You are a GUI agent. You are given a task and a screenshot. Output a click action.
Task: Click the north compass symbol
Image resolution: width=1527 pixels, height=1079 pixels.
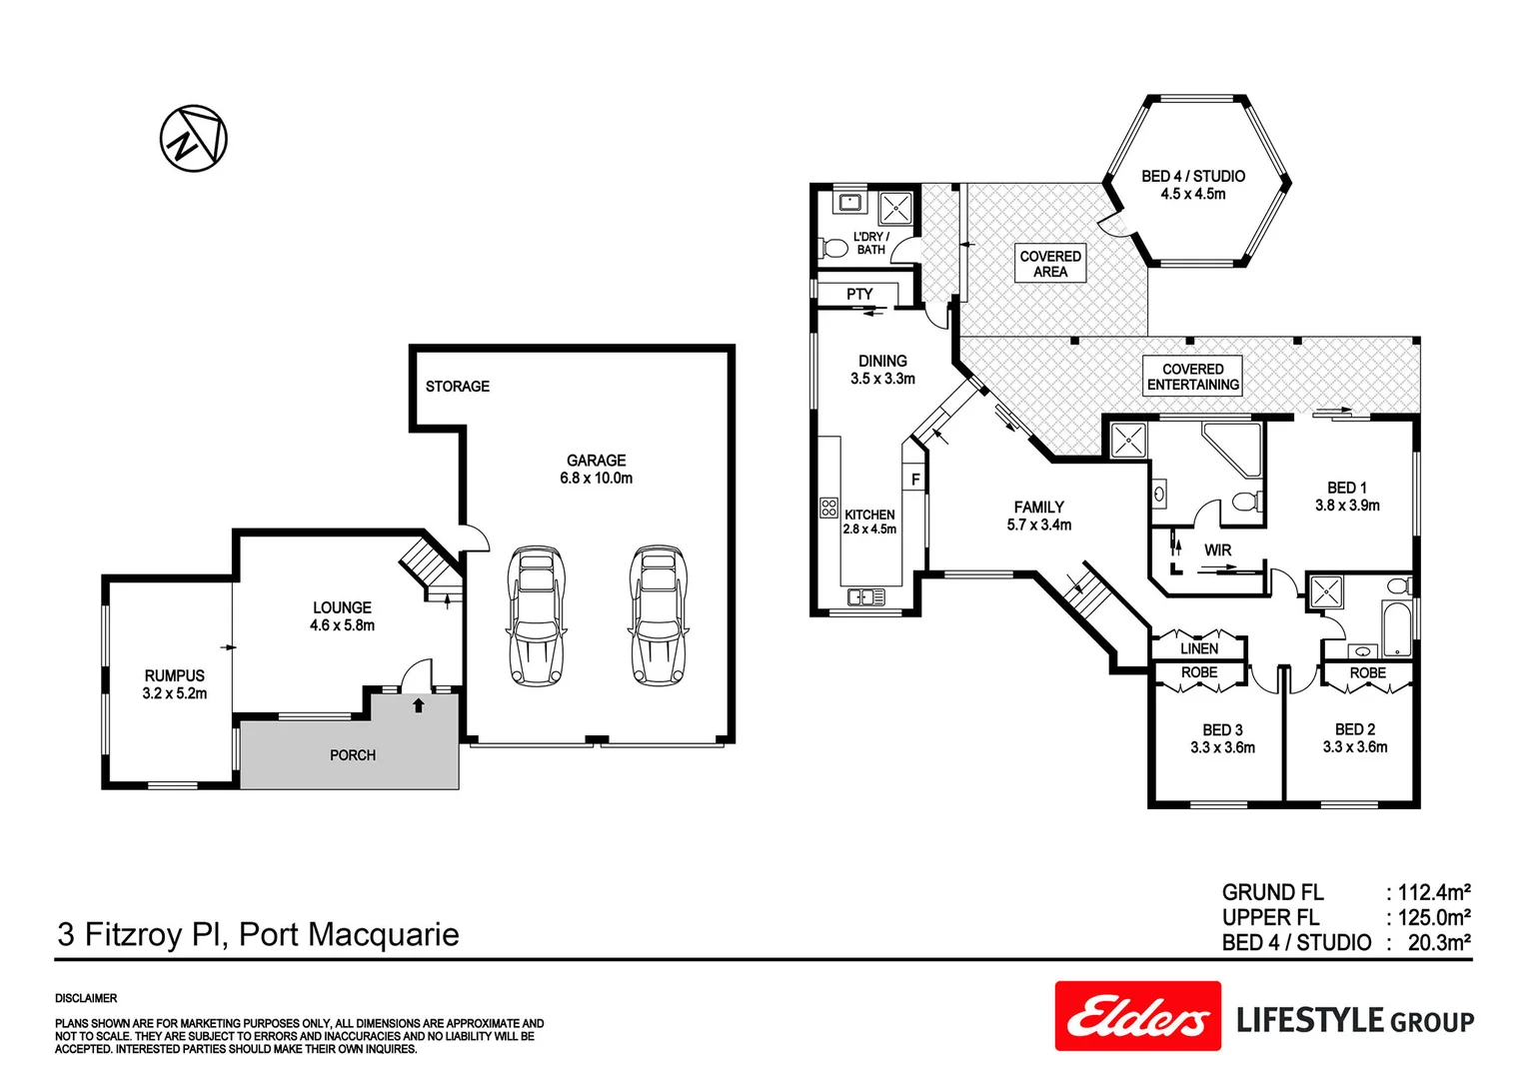click(x=193, y=138)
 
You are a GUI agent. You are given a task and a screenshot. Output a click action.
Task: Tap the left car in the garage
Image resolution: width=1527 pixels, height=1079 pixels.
click(x=536, y=615)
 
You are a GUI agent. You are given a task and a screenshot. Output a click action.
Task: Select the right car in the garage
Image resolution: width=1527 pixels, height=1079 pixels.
click(x=659, y=615)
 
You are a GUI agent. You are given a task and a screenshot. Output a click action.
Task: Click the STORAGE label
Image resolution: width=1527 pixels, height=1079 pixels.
click(x=457, y=387)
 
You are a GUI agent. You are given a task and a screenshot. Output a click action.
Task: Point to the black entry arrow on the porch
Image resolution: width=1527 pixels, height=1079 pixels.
click(x=418, y=705)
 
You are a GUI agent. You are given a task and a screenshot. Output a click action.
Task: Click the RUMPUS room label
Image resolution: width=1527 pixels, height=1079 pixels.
click(x=174, y=676)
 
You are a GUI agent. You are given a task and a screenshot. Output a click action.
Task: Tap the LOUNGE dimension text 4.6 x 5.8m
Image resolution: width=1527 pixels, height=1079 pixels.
click(x=342, y=625)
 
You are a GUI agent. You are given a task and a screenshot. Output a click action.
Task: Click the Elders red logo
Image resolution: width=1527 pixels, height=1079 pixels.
click(x=1137, y=1016)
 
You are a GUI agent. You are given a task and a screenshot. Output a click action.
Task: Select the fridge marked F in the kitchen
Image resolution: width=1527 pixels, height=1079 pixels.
click(x=914, y=480)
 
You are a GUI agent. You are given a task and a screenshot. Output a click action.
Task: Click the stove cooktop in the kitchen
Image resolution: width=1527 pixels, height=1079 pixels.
click(x=828, y=508)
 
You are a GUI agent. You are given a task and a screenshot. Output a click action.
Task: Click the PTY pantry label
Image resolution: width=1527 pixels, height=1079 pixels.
click(x=859, y=294)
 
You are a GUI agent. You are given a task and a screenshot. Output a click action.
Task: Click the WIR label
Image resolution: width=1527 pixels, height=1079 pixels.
click(x=1217, y=550)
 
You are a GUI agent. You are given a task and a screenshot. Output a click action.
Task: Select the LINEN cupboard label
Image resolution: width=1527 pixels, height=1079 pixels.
click(x=1198, y=648)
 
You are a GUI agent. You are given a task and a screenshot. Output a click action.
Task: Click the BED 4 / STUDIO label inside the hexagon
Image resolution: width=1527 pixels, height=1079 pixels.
click(x=1193, y=176)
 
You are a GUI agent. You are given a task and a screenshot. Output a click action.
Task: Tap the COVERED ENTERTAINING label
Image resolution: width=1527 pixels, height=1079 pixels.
click(x=1192, y=377)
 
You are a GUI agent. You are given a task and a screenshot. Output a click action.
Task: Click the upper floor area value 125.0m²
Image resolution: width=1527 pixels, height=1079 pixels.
click(x=1433, y=917)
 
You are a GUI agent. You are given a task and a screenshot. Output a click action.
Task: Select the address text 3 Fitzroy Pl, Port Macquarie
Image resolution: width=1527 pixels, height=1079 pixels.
click(x=258, y=934)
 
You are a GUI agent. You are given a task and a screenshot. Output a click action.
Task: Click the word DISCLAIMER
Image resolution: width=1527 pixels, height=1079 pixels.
click(x=86, y=998)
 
